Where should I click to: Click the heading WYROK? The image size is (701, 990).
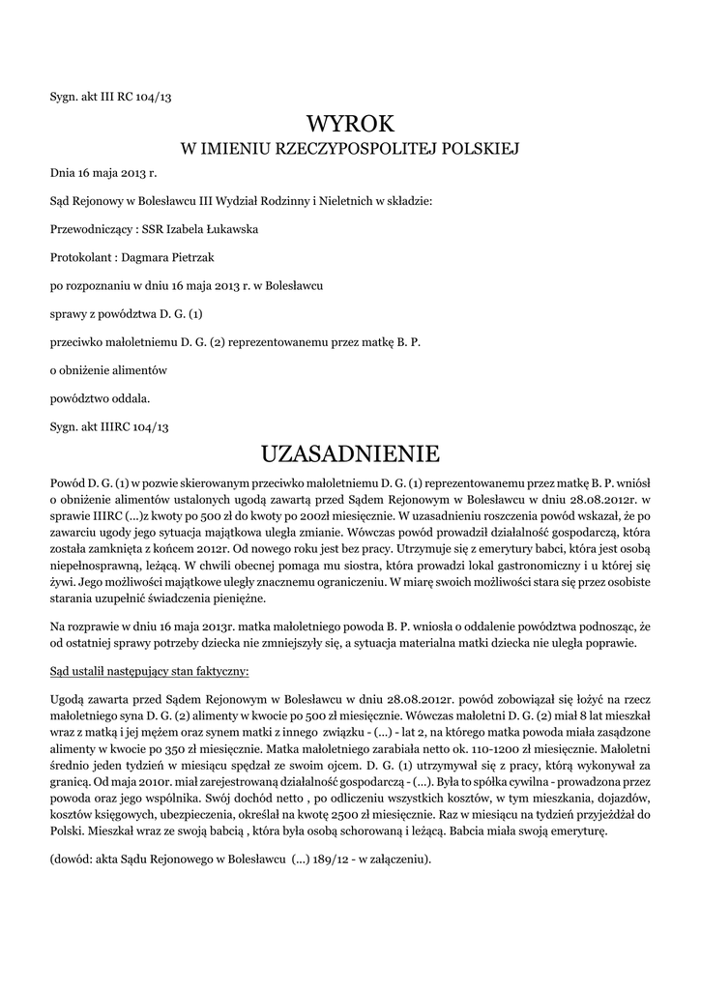350,124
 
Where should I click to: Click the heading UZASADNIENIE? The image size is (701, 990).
350,452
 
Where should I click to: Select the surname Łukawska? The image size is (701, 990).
229,229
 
